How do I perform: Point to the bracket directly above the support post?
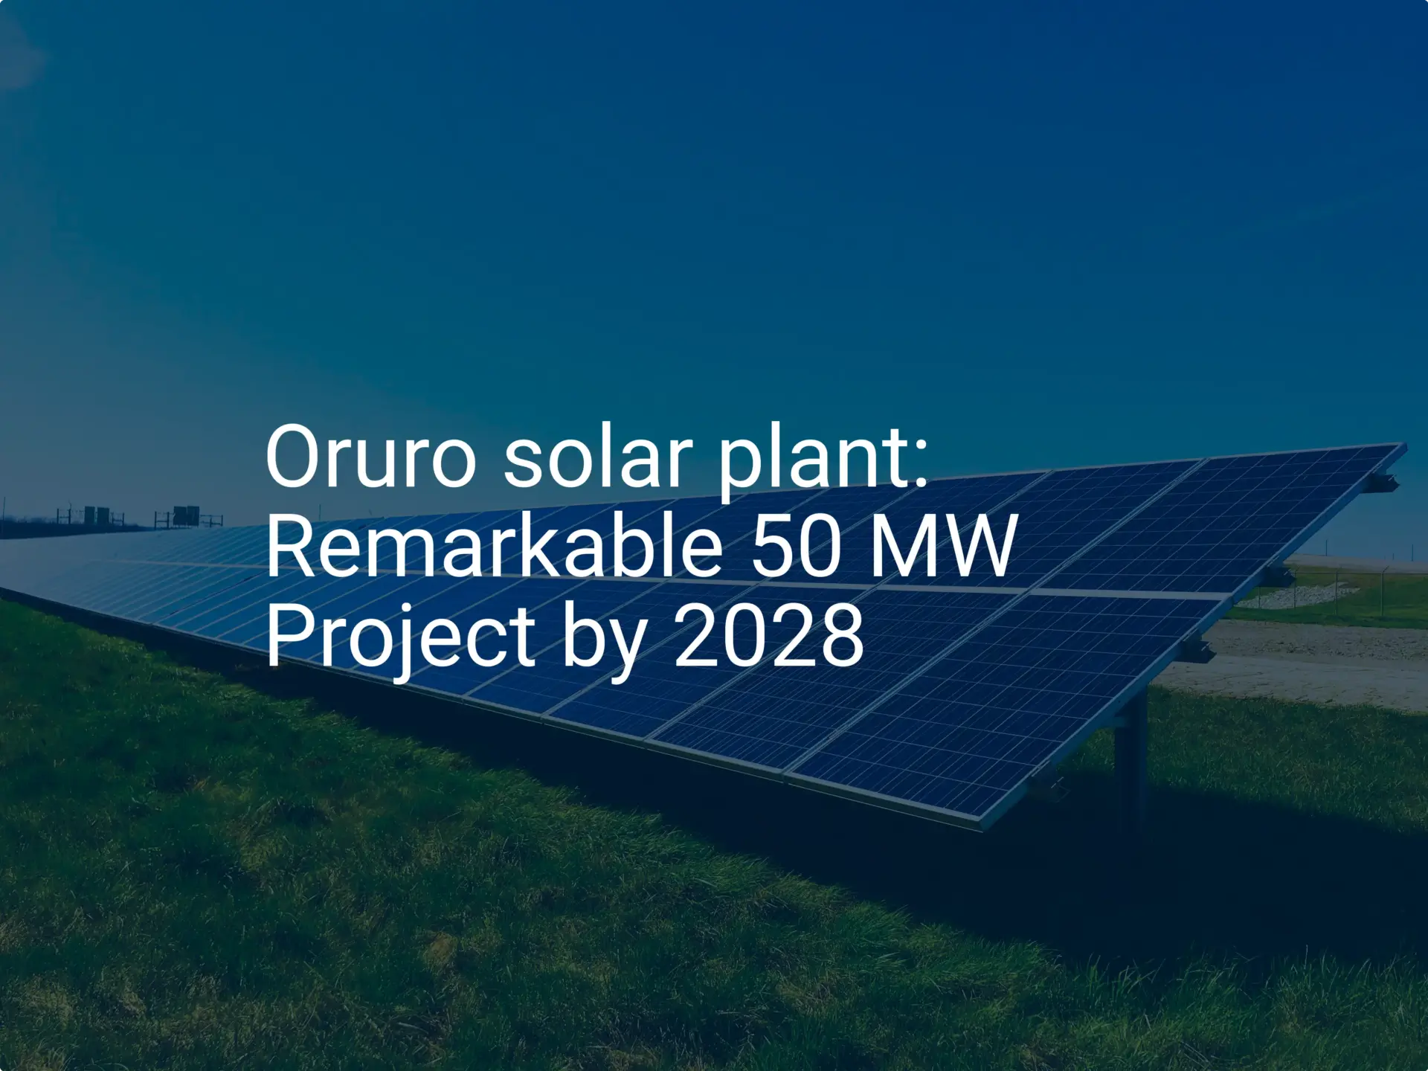point(1197,652)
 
